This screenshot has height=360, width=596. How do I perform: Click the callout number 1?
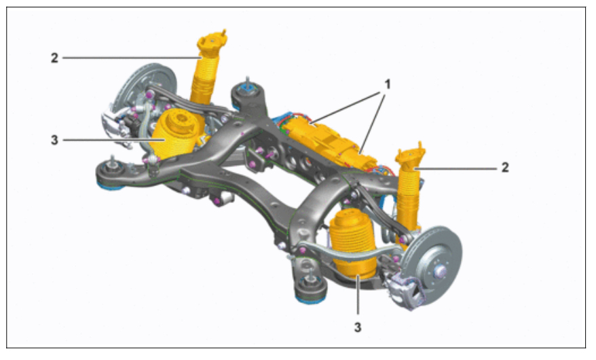[x=388, y=84]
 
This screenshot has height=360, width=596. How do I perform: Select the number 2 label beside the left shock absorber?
[x=55, y=58]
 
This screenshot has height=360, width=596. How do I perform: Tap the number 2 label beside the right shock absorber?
[x=505, y=167]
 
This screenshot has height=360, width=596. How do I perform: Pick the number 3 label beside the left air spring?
[x=55, y=140]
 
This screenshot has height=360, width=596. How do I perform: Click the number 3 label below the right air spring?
[x=358, y=327]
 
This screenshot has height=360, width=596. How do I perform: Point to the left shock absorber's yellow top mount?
[x=212, y=43]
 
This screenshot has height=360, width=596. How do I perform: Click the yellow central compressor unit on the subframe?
[x=327, y=141]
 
